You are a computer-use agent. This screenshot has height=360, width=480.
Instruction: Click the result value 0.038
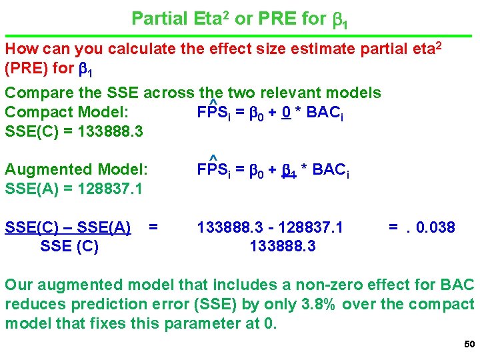435,228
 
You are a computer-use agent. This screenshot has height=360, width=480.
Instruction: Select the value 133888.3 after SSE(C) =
110,132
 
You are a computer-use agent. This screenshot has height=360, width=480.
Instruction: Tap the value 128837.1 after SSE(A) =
109,189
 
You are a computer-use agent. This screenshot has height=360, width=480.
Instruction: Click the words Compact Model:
67,112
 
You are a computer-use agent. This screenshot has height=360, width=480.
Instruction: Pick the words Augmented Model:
76,170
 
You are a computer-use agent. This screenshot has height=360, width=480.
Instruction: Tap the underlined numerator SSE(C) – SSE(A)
67,228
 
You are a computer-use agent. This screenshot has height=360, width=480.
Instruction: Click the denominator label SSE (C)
69,247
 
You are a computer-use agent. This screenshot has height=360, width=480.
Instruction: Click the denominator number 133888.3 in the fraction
283,247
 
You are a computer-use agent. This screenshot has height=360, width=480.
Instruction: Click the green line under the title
240,35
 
